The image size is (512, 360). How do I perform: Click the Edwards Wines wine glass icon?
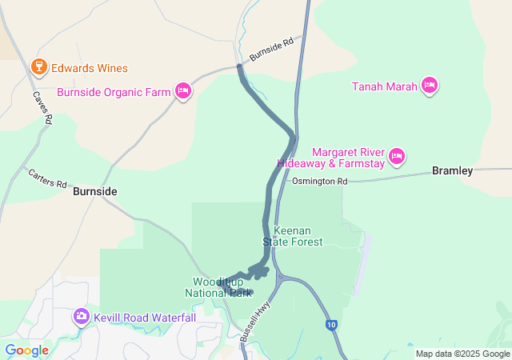[x=38, y=67]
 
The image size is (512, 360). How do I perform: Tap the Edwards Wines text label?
[x=88, y=68]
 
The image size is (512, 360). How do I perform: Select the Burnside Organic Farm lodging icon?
[x=183, y=91]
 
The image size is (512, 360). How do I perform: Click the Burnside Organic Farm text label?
[x=114, y=92]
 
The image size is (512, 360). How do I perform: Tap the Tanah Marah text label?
[x=385, y=86]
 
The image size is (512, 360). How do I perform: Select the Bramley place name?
[x=453, y=170]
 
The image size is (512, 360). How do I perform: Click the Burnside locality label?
[x=95, y=192]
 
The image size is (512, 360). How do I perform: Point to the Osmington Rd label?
[x=319, y=182]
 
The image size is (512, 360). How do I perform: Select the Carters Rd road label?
[x=47, y=178]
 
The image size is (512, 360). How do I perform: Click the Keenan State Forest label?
[x=298, y=236]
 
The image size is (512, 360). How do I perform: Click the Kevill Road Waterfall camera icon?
[x=81, y=317]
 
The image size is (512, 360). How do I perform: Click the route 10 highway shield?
[x=330, y=325]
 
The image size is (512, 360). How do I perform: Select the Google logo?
[x=26, y=350]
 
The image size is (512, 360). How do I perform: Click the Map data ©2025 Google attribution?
[x=462, y=354]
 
